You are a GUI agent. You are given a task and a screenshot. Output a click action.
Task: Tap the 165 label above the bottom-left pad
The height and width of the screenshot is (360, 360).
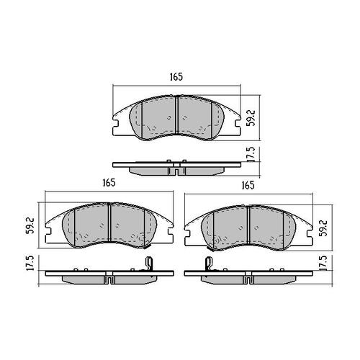(x=109, y=183)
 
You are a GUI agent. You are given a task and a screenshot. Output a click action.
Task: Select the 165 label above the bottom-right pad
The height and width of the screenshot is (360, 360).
(x=248, y=185)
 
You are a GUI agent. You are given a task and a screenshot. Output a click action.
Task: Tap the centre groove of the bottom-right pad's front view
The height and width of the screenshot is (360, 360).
(x=248, y=225)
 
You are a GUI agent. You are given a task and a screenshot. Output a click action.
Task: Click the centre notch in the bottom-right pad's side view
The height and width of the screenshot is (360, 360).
(x=248, y=278)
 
